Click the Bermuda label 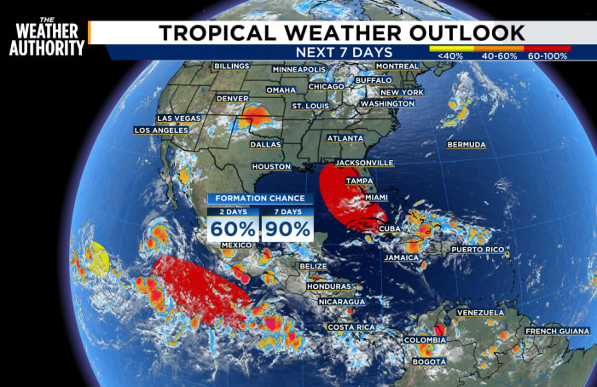[466, 145]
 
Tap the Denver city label [234, 98]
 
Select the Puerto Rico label [478, 250]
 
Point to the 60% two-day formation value [233, 228]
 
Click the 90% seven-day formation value [286, 228]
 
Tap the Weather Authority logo [47, 39]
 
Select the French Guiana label [557, 331]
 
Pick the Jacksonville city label [363, 163]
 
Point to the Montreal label [397, 66]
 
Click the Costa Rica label [352, 327]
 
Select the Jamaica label [401, 257]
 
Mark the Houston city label [271, 166]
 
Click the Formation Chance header [259, 199]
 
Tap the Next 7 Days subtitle [340, 52]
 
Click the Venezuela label [480, 313]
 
